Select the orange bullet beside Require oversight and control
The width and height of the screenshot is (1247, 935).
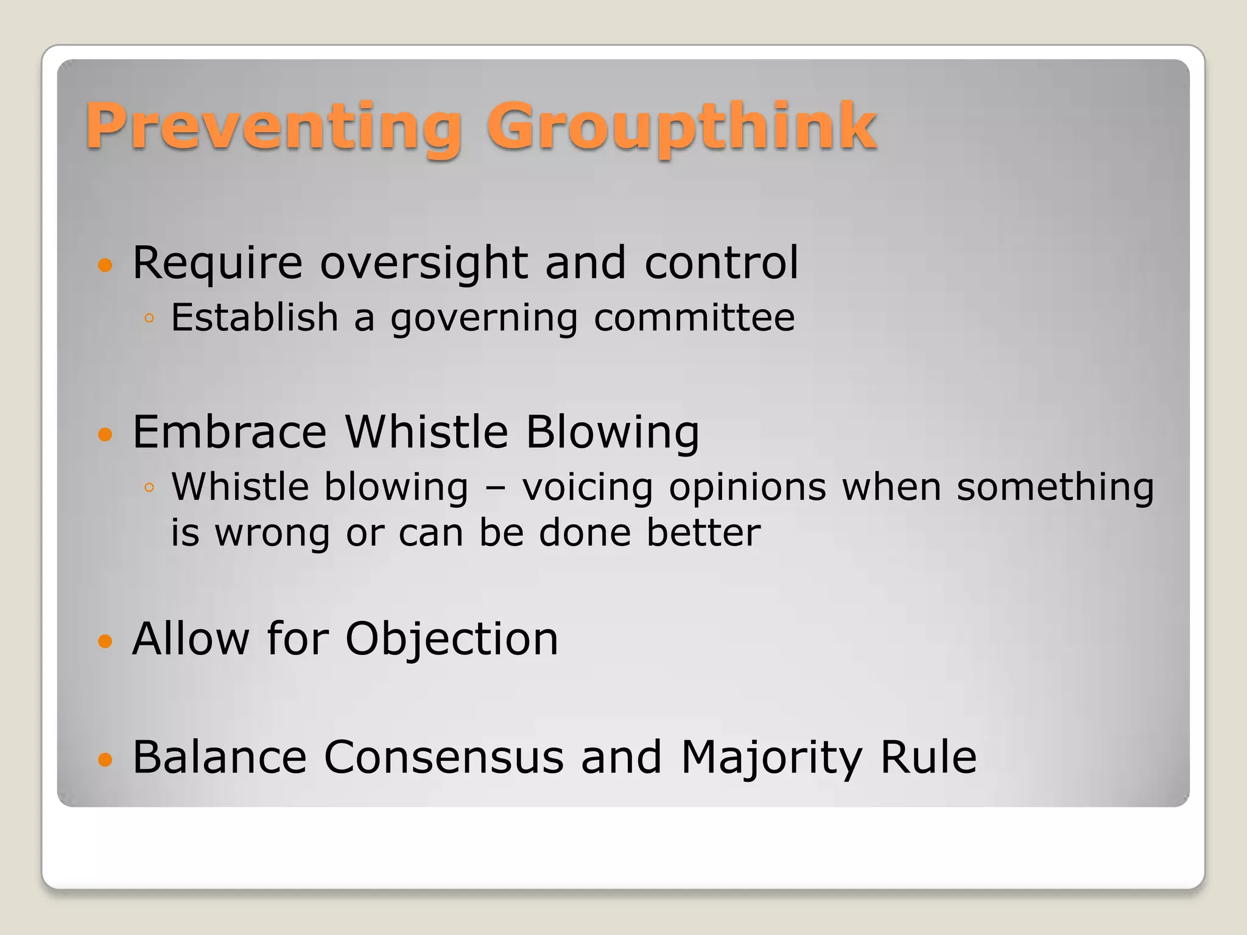tap(105, 265)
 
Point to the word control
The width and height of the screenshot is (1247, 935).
tap(721, 263)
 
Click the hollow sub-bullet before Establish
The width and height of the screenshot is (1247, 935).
tap(150, 318)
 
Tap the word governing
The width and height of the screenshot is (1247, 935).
tap(484, 318)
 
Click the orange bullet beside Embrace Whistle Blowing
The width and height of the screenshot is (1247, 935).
tap(105, 434)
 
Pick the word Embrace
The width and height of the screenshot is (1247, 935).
tap(230, 432)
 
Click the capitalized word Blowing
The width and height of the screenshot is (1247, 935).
tap(612, 432)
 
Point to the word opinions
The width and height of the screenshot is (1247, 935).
tap(747, 488)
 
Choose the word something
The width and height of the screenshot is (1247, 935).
tap(1055, 488)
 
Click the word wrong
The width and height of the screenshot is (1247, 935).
tap(272, 533)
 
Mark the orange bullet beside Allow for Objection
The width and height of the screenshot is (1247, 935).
tap(105, 641)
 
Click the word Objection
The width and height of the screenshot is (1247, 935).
tap(452, 639)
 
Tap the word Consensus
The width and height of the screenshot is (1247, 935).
tap(443, 757)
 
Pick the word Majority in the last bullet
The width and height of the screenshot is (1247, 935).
tap(771, 757)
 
